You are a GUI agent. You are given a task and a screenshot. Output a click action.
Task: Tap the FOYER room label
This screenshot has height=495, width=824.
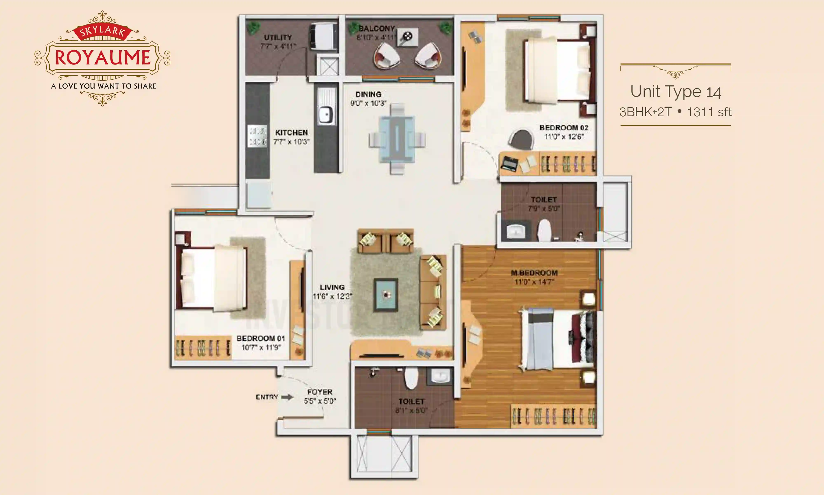[320, 392]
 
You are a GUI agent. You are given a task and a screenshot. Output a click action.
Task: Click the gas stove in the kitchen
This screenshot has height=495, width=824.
[257, 136]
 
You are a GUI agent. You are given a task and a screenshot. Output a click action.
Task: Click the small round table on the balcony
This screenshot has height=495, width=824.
[408, 36]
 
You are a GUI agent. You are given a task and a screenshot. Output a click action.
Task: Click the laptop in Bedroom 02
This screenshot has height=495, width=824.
[510, 163]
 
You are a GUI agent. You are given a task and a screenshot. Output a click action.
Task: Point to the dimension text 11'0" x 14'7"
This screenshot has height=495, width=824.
[534, 282]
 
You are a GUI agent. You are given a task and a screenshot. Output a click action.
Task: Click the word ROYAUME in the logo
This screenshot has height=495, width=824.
[103, 57]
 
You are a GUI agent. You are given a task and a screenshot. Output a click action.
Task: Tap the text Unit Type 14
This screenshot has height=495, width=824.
[675, 92]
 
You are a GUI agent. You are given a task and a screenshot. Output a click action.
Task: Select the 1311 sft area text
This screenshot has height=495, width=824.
[709, 112]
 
